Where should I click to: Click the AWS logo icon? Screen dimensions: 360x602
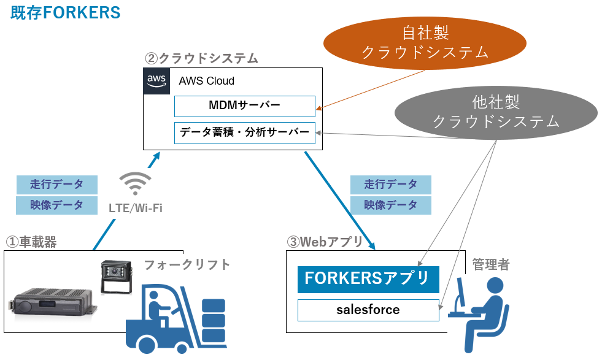tap(156, 82)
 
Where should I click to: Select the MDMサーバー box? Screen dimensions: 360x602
tap(244, 106)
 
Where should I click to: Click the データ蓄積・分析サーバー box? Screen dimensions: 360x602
tap(244, 133)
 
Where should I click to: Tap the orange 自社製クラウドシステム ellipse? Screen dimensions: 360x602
tap(425, 42)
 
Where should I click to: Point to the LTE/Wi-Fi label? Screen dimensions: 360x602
tap(135, 208)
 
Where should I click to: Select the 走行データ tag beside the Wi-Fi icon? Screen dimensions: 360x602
tap(56, 184)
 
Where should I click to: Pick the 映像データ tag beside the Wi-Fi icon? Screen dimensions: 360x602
tap(56, 205)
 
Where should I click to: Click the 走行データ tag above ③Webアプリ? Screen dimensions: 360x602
tap(391, 184)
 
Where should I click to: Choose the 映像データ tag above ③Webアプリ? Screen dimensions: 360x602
tap(391, 205)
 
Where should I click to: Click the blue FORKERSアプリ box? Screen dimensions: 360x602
tap(368, 279)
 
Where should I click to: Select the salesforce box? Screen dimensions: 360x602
tap(368, 310)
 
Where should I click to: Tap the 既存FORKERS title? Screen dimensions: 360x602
tap(65, 13)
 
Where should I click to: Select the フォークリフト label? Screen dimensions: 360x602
tap(187, 264)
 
